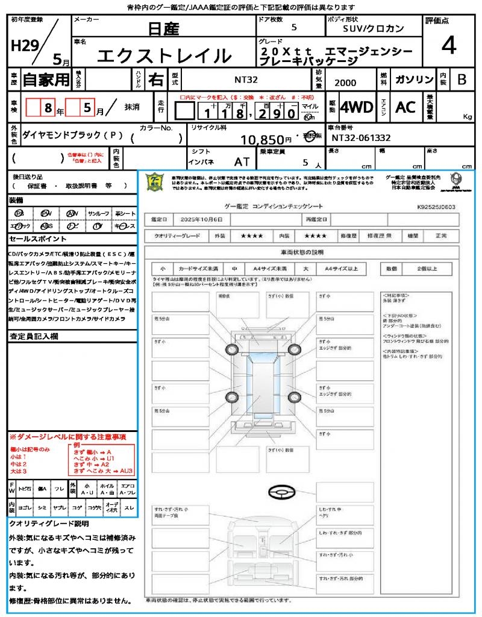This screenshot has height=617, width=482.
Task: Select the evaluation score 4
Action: (448, 45)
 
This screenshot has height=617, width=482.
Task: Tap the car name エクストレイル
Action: (164, 56)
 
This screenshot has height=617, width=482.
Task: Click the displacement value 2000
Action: (345, 83)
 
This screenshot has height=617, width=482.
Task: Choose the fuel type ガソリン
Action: (414, 80)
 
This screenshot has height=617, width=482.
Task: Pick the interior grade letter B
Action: (462, 80)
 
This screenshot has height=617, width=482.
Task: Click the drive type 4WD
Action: (356, 107)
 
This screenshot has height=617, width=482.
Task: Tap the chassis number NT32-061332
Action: (361, 138)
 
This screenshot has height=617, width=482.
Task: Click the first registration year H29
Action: (23, 45)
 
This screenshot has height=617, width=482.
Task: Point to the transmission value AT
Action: (242, 161)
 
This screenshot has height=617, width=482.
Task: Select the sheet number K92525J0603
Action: (436, 207)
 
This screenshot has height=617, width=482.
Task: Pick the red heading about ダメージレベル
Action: (67, 436)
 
